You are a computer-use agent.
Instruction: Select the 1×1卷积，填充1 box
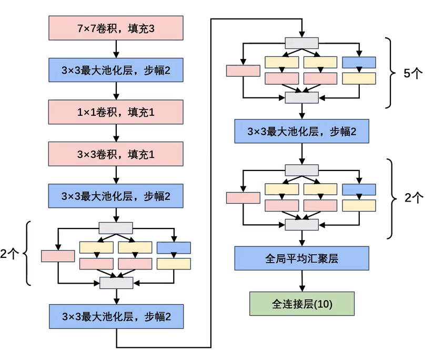[116, 112]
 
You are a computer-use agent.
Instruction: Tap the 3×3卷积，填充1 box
[116, 154]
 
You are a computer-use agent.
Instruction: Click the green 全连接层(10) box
[302, 304]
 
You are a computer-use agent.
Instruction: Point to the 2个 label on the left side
[9, 254]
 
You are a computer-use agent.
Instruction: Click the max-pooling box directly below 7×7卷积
[116, 70]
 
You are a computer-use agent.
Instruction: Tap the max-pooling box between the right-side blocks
[302, 131]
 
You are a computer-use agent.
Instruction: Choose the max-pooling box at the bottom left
[116, 316]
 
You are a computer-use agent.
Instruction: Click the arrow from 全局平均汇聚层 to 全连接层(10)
[302, 282]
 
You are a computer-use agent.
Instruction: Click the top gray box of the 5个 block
[301, 43]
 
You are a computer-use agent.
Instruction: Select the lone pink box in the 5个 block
[243, 71]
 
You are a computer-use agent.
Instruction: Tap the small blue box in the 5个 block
[359, 62]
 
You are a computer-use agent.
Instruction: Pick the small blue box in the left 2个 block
[174, 247]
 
